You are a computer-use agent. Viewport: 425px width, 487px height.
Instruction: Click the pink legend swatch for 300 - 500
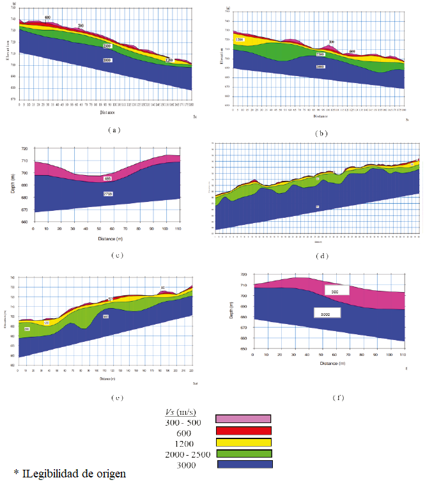(x=243, y=419)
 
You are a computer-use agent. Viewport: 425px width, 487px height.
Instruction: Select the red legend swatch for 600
(x=243, y=431)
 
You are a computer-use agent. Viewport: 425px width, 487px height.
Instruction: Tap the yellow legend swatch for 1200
(x=243, y=442)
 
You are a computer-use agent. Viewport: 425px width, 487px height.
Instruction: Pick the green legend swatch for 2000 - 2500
(x=243, y=453)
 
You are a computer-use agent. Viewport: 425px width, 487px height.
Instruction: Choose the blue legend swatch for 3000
(x=243, y=465)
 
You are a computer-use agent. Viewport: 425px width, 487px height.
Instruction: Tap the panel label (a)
(x=113, y=129)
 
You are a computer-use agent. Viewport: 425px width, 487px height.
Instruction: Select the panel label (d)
(x=321, y=256)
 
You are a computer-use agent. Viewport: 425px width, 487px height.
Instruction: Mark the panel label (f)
(x=337, y=398)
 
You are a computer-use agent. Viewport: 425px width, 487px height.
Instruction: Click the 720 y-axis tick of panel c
(x=24, y=149)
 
